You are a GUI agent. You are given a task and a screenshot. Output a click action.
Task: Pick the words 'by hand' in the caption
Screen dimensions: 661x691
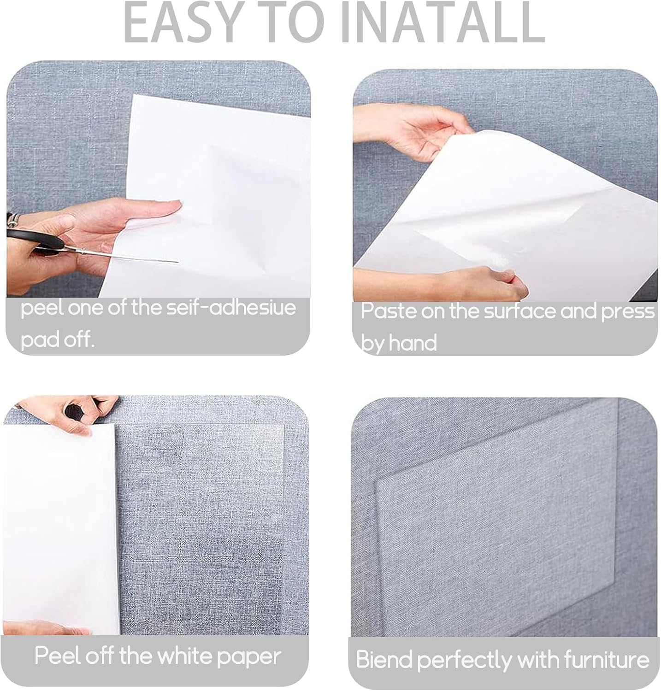pyautogui.click(x=398, y=343)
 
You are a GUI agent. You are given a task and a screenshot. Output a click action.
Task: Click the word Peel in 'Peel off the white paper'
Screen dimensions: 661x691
pyautogui.click(x=57, y=656)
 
